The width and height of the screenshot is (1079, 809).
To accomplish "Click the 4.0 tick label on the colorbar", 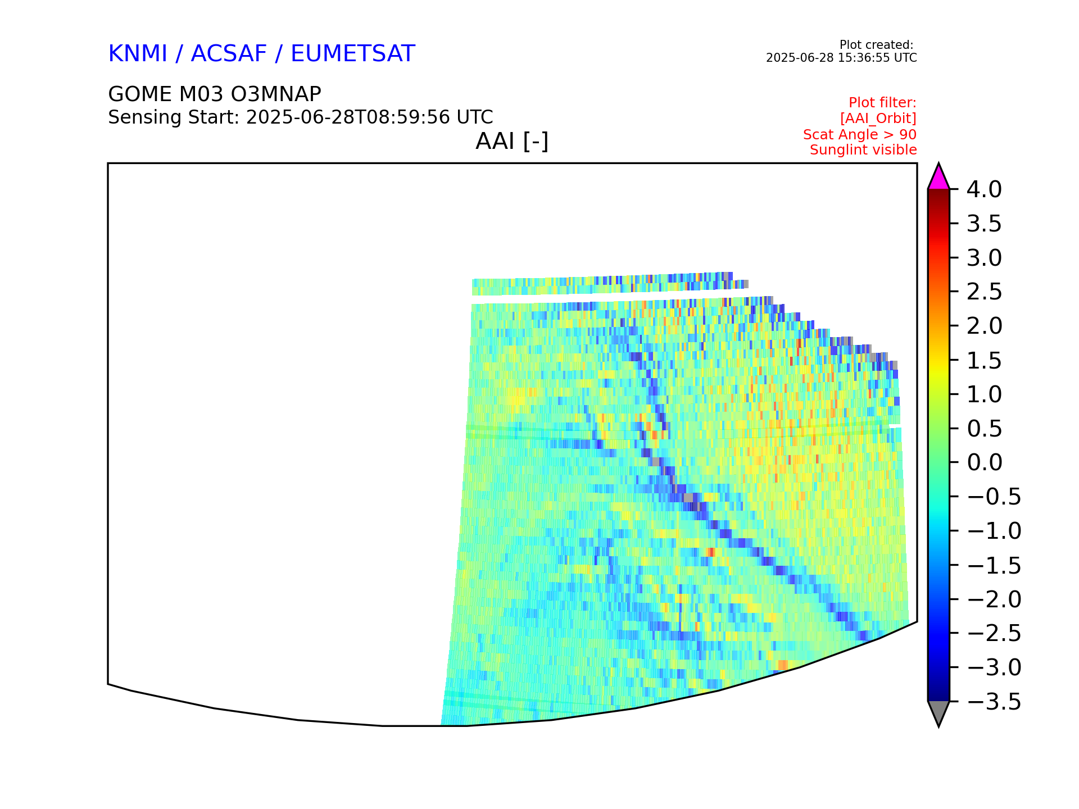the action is tap(984, 190).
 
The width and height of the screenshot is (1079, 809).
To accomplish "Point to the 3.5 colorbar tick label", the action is tap(984, 224).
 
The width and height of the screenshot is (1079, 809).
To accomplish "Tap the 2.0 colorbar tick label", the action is tap(984, 326).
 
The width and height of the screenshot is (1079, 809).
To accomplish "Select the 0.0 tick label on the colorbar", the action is tap(984, 462).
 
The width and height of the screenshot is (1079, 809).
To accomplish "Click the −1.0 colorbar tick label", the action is tap(994, 531).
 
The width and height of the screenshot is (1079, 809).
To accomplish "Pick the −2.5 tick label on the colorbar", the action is tap(994, 633).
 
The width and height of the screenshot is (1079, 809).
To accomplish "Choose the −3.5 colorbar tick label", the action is tap(994, 702).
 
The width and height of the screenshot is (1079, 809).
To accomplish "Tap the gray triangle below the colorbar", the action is tap(939, 712).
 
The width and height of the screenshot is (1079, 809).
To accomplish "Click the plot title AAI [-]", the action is tap(512, 141).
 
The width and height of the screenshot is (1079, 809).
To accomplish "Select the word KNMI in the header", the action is tap(138, 54).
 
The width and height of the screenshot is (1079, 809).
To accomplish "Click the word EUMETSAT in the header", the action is tap(353, 54).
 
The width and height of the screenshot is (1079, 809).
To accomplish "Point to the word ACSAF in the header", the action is tap(229, 54).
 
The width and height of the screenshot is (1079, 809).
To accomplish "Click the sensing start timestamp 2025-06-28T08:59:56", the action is tap(348, 117).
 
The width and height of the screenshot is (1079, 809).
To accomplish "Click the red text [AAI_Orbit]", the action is tap(878, 119).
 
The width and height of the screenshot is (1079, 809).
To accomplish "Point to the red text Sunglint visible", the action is tap(863, 150).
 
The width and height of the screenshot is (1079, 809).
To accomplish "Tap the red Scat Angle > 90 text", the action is tap(860, 135).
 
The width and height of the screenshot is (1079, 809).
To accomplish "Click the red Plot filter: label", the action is tap(882, 103).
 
